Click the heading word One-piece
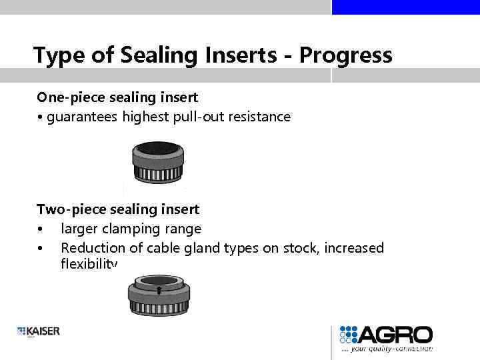coord(66,97)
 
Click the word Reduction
coord(91,248)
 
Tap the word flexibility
coord(89,265)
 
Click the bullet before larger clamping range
coord(41,229)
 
